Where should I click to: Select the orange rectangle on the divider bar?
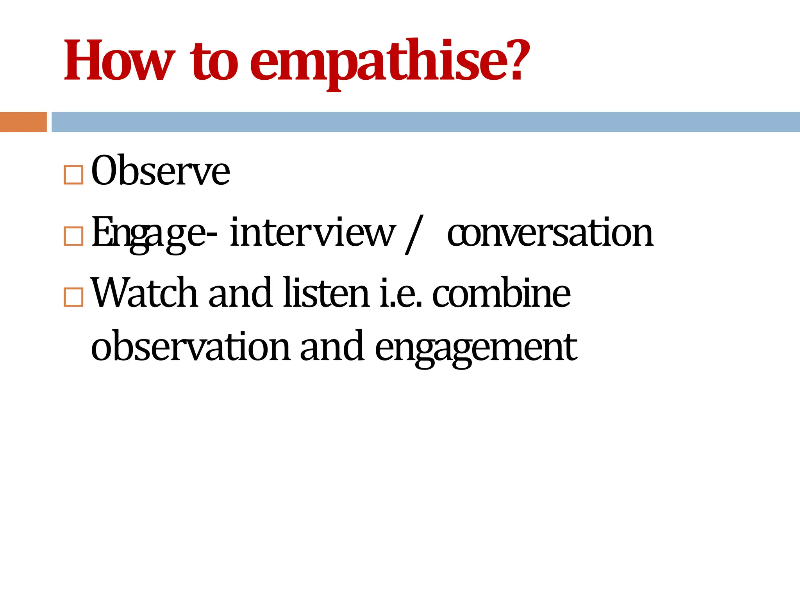(23, 122)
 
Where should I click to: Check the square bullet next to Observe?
(73, 175)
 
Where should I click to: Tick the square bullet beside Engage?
(73, 236)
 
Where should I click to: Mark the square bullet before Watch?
(73, 297)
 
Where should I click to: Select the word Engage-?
(154, 233)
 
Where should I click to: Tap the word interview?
(312, 233)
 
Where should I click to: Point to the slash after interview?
(414, 234)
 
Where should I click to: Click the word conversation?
(550, 233)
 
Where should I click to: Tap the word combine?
(501, 293)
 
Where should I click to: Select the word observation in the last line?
(190, 346)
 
